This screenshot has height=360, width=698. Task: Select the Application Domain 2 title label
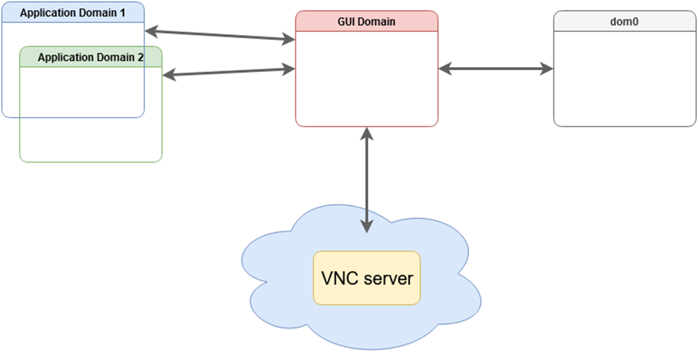[91, 57]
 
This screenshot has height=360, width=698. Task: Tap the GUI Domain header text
[366, 21]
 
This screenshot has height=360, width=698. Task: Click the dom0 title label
[625, 21]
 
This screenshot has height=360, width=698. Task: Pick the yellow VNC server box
[366, 277]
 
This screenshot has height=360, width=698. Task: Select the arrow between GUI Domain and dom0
[496, 69]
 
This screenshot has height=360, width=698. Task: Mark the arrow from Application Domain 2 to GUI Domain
[228, 72]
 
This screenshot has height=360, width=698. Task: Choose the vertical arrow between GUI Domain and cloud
[366, 178]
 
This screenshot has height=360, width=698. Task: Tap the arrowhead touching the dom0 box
[546, 69]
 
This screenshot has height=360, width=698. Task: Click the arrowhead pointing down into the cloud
[366, 225]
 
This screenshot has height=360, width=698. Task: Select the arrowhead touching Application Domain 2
[170, 75]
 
